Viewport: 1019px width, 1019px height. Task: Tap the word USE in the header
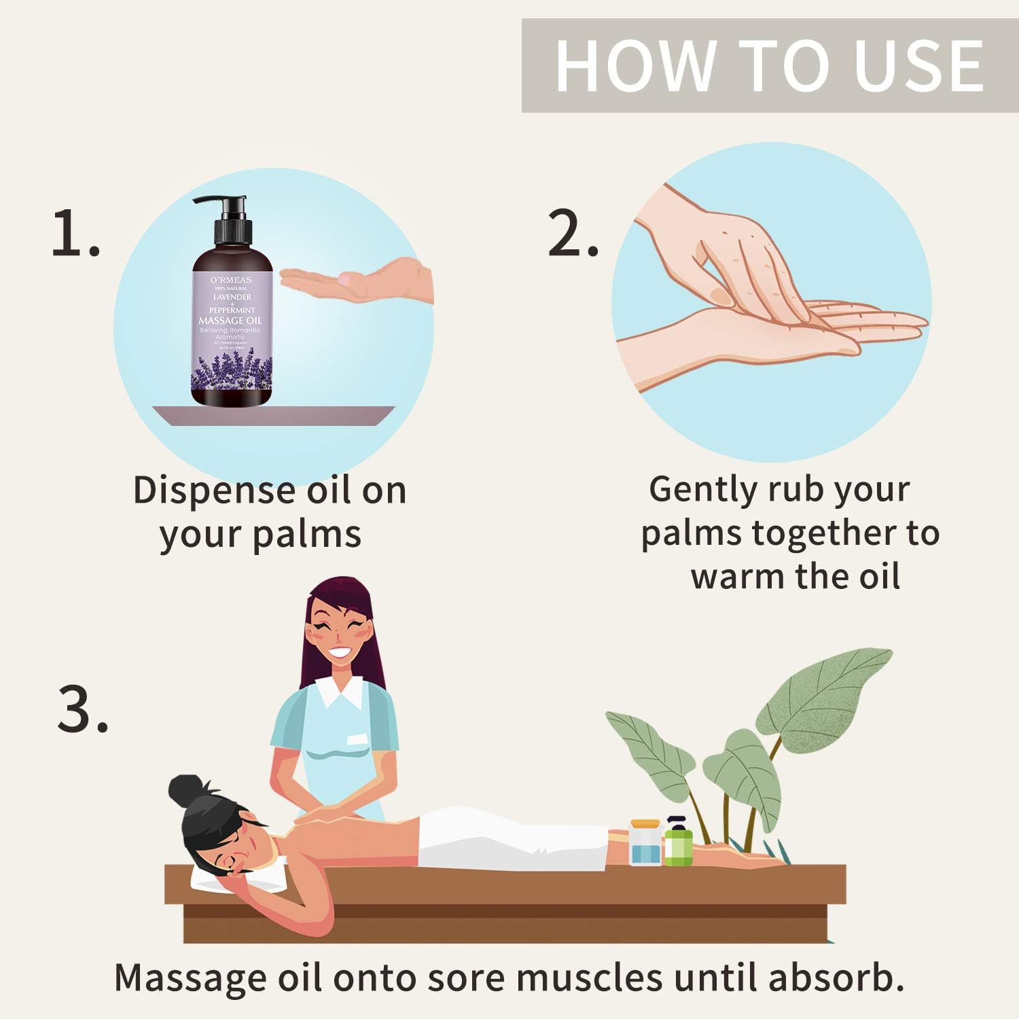[918, 66]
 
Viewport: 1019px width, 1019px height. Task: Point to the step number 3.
[82, 710]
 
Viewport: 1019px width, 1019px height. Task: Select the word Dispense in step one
[214, 490]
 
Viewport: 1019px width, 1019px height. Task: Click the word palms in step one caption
[307, 535]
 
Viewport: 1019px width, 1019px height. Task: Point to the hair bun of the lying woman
[187, 791]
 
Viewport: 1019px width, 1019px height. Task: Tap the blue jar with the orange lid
[645, 844]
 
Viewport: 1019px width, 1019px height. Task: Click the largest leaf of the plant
[832, 693]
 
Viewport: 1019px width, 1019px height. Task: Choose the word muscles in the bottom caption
[589, 978]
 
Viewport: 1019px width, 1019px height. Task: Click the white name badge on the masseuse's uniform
[357, 739]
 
